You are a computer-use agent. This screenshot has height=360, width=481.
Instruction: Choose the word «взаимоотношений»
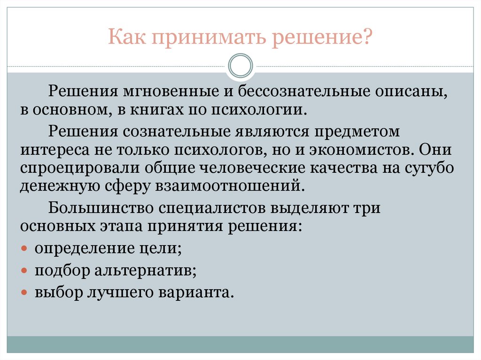231,186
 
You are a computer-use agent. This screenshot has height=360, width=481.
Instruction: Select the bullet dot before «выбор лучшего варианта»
25,293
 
